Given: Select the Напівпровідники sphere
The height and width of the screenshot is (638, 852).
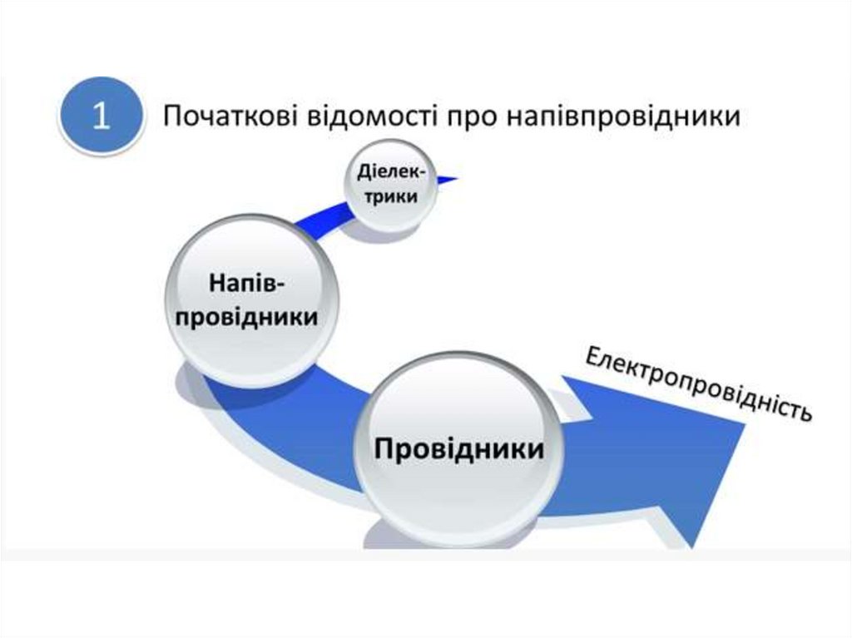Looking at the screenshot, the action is (247, 300).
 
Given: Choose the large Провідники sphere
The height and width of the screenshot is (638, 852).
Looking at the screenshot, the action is (459, 449).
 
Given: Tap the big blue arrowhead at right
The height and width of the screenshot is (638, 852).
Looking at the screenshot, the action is (682, 457).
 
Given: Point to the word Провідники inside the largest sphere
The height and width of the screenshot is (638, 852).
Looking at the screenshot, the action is (459, 449).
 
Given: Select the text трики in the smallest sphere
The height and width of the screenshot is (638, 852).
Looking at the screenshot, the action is (390, 199).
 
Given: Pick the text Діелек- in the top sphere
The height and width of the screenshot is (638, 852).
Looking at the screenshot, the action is (390, 173).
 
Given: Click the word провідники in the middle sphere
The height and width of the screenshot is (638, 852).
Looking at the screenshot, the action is (248, 318).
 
